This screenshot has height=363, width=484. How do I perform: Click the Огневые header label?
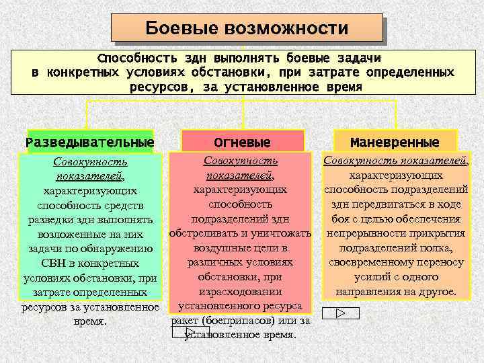click(242, 143)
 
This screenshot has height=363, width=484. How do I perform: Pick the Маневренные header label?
click(395, 143)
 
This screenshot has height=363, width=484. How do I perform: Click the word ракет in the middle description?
click(186, 321)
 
